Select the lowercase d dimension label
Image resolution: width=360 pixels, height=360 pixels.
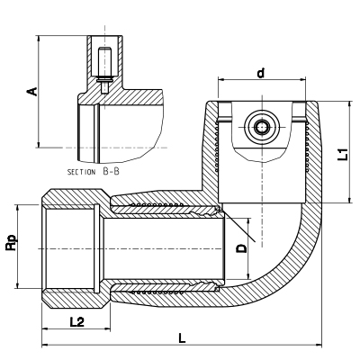click(x=261, y=73)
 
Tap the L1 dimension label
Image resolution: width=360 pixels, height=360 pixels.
click(x=343, y=154)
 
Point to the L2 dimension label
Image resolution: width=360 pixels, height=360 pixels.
click(x=77, y=322)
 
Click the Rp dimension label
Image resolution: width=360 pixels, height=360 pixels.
click(x=12, y=243)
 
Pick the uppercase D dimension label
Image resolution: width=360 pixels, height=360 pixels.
click(x=241, y=248)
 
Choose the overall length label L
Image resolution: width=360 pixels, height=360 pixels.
click(x=182, y=338)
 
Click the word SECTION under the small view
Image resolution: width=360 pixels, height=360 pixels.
click(x=81, y=172)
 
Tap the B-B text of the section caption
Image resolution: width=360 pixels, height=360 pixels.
click(x=111, y=172)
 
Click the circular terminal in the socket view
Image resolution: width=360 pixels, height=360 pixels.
click(x=262, y=127)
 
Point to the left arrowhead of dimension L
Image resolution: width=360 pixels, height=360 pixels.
click(x=45, y=346)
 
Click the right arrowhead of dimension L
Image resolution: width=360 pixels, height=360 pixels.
click(x=319, y=346)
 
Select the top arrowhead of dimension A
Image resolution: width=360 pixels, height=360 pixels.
click(x=38, y=40)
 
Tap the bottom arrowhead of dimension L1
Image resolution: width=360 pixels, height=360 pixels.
click(x=349, y=200)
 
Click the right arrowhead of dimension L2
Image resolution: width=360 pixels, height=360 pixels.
click(x=107, y=329)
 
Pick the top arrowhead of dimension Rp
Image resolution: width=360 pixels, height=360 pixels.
click(x=18, y=208)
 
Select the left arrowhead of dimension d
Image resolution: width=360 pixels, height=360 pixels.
click(x=221, y=80)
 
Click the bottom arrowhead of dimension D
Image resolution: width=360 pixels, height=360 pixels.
click(x=248, y=276)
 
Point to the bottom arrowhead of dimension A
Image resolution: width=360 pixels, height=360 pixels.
click(x=38, y=144)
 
